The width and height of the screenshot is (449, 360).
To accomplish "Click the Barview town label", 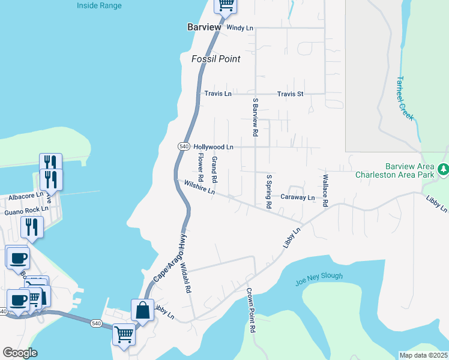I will click(205, 28).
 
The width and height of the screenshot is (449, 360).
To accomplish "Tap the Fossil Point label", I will click(215, 59).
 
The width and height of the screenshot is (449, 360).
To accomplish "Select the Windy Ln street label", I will click(240, 28).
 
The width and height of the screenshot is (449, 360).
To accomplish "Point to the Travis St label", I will click(291, 94).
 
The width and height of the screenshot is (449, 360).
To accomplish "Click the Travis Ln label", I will click(218, 94).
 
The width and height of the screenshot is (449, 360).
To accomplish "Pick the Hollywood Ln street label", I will click(213, 146).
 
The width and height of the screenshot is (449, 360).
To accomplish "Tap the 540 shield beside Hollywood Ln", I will click(184, 146).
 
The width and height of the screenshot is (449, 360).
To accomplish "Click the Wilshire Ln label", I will click(199, 188).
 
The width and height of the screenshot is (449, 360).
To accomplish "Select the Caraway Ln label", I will click(298, 197).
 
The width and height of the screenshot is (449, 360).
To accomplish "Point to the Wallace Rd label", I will click(325, 191).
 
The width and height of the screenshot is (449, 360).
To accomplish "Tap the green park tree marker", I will click(443, 170).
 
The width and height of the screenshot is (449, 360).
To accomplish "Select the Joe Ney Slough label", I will click(319, 277).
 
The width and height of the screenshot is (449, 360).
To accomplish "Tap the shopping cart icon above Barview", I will click(226, 5).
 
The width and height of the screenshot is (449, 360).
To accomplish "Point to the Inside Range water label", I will click(99, 6).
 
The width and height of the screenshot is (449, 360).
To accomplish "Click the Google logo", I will click(20, 353).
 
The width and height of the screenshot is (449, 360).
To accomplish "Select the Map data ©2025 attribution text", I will click(423, 355).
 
